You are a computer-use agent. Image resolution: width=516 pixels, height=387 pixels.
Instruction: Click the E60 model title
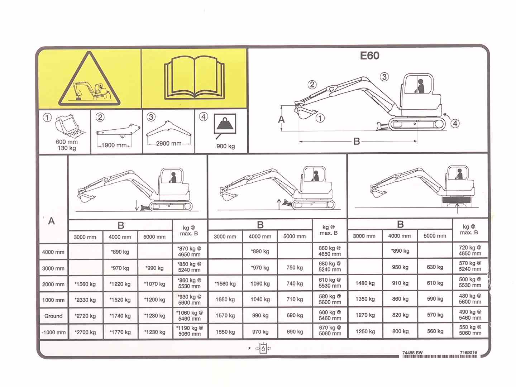[x=369, y=56]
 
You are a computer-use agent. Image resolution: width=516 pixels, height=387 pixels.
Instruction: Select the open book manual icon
[x=194, y=77]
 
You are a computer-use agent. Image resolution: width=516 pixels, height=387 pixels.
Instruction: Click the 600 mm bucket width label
[x=67, y=142]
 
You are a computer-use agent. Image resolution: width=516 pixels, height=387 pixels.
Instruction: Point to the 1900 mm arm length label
[x=114, y=145]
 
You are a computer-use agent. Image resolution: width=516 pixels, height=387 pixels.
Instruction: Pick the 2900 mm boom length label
[x=169, y=143]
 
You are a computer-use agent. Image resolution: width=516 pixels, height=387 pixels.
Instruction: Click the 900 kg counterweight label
[x=226, y=146]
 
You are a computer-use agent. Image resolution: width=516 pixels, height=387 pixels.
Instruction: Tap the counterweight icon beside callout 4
[x=225, y=124]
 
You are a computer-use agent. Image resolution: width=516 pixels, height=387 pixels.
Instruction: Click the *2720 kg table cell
[x=85, y=316]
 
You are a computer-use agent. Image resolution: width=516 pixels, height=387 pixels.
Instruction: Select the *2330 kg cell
[x=85, y=300]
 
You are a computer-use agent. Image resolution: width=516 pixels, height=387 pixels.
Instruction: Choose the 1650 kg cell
[x=225, y=299]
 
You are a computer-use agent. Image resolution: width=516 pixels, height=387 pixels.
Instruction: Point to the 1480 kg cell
[x=365, y=283]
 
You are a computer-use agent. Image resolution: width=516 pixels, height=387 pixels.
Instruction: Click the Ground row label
[x=53, y=316]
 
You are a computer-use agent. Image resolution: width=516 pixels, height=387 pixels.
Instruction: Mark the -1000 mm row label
[x=53, y=332]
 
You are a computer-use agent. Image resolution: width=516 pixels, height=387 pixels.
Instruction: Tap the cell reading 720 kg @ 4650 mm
[x=470, y=250]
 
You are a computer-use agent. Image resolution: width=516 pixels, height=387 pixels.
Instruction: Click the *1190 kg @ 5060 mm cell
[x=190, y=331]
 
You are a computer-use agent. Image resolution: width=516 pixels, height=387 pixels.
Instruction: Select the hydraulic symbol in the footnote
[x=263, y=348]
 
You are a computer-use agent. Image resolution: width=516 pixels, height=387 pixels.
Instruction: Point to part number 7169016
[x=468, y=353]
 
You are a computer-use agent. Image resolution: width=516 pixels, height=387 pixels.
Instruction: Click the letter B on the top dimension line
[x=357, y=141]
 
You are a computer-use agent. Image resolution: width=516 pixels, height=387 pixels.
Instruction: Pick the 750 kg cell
[x=295, y=267]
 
